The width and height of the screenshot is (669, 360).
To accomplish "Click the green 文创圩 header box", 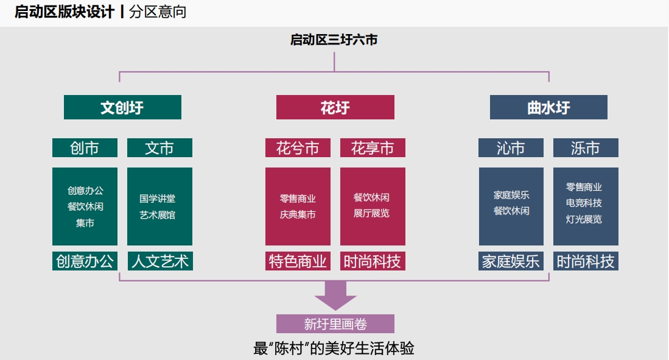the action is coord(122,107).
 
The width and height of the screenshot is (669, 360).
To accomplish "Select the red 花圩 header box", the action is coord(335,107).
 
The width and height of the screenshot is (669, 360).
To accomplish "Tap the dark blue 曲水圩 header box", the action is coord(548,107).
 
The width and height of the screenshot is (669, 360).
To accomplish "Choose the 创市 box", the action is coord(85,148).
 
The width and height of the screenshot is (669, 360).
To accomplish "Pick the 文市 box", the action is coord(159,148).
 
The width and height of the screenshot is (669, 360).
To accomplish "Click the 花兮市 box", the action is coord(298,148).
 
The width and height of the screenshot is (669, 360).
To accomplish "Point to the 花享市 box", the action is coord(373,148).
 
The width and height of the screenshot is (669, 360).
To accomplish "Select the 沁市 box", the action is coord(511,148).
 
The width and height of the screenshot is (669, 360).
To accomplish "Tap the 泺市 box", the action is coord(586,148).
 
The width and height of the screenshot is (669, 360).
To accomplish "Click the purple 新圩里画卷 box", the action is coord(335,323).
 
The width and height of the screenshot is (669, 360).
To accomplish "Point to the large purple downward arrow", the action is coord(335,295).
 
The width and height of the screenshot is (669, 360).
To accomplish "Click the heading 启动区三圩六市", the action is coord(334,40).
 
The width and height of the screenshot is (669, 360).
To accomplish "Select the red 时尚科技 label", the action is coord(373,261).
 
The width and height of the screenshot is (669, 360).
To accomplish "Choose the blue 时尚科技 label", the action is coord(586,261).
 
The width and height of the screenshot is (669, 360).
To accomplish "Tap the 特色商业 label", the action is coord(298,261).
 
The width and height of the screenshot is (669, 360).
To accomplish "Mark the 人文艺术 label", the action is coord(160,261).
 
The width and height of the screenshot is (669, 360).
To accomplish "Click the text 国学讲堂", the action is coord(158,199).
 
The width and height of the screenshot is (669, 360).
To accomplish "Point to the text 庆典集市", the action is coord(298,214).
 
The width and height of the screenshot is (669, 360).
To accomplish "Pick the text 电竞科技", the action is coord(584,203).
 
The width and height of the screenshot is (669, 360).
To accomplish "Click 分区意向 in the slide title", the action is coord(158,12).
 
